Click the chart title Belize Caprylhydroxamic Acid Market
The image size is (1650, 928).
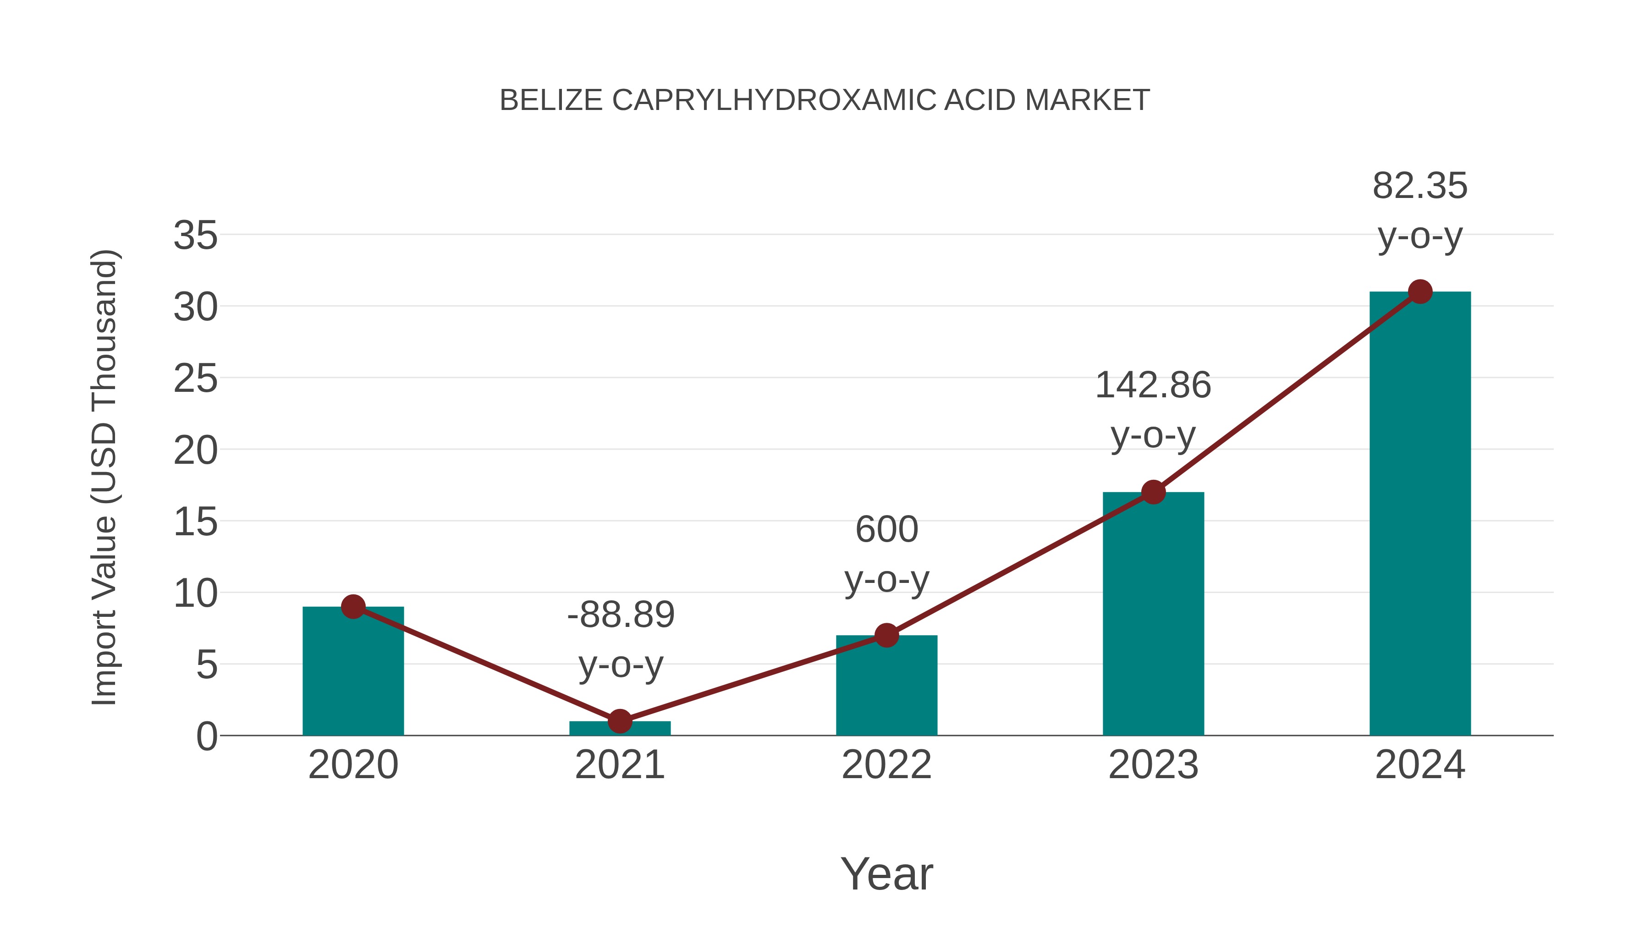point(825,100)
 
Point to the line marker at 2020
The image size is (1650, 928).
point(353,606)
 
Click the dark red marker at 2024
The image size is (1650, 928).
point(1420,292)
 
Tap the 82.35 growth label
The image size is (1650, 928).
point(1420,187)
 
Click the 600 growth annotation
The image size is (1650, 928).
point(886,530)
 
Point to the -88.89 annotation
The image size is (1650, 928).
point(621,615)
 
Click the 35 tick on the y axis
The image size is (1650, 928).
point(195,236)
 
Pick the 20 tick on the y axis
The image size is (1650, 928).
point(195,451)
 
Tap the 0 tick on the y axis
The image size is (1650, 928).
point(206,736)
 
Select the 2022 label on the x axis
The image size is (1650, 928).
point(886,765)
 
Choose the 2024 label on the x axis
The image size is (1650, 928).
point(1420,765)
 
